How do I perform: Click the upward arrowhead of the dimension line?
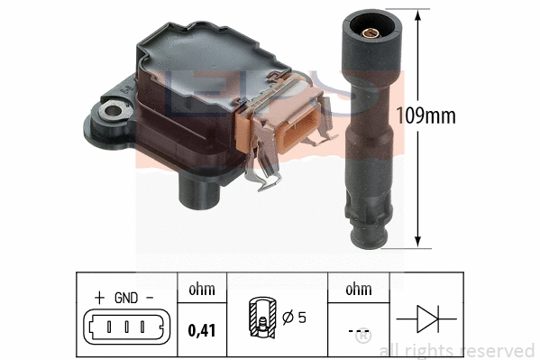tap(418, 14)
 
